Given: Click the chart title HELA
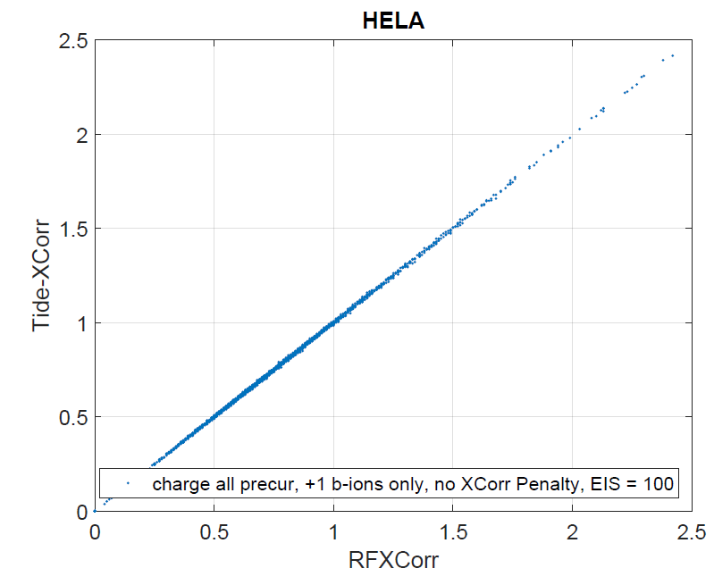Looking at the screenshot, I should [x=392, y=21].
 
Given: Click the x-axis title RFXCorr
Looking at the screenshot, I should [x=392, y=562].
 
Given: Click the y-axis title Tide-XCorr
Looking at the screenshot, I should [x=44, y=275].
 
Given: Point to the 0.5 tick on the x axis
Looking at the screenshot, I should [x=214, y=533].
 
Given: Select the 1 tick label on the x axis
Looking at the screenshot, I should [x=332, y=533].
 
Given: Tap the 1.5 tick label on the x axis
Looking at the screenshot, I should [x=452, y=533].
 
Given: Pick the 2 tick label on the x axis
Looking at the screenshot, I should [x=572, y=533].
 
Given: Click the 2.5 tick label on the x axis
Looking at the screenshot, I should [x=691, y=533].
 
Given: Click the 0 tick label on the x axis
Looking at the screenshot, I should [x=95, y=533].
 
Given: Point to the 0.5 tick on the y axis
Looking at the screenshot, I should [x=72, y=417].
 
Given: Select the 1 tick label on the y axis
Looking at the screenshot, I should [x=80, y=323].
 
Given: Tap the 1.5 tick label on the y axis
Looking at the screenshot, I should [x=72, y=229].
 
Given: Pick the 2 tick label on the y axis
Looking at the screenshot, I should [x=80, y=135].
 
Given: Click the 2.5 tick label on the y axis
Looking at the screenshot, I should [x=72, y=41].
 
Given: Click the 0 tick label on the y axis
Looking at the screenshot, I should [x=80, y=512].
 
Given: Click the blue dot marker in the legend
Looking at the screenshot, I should [x=128, y=484].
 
